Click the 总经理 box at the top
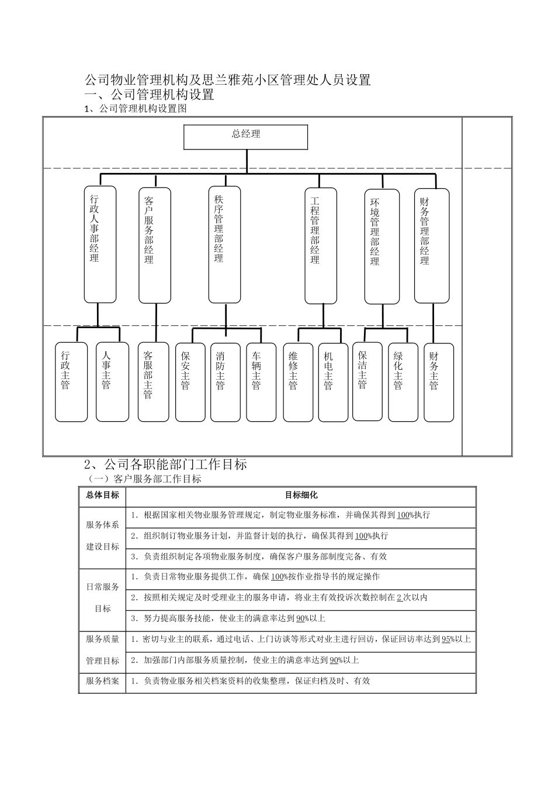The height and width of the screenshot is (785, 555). point(245,137)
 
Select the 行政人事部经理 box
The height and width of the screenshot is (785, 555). point(100,245)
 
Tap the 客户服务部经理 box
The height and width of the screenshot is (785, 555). point(154,245)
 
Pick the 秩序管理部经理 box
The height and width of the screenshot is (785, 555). point(224,245)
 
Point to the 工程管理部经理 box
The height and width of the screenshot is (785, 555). point(321,245)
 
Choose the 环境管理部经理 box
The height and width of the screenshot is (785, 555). point(381,246)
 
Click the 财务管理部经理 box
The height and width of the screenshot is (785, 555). point(432,245)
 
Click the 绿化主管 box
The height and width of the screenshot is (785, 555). point(403,382)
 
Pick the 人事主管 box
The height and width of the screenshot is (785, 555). point(112,382)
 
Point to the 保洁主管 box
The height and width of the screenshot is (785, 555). point(367,381)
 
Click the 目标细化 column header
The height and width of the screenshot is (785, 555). point(301,495)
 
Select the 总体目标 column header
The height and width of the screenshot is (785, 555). point(102,495)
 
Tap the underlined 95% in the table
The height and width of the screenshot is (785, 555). point(447,640)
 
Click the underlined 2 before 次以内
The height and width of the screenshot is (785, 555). point(399,598)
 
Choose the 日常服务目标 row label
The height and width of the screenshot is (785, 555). point(102,598)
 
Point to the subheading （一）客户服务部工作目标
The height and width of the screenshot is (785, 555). point(144,479)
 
